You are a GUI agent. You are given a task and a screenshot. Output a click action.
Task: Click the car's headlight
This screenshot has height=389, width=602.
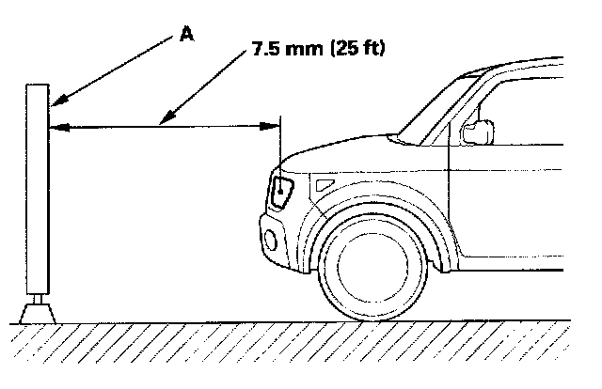click(282, 191)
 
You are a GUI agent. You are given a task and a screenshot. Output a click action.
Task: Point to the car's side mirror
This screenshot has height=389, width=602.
click(478, 132)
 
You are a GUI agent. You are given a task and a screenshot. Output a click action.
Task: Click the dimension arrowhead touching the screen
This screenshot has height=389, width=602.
click(55, 126)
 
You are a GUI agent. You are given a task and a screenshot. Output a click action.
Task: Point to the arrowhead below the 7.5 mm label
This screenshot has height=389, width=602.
click(163, 120)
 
